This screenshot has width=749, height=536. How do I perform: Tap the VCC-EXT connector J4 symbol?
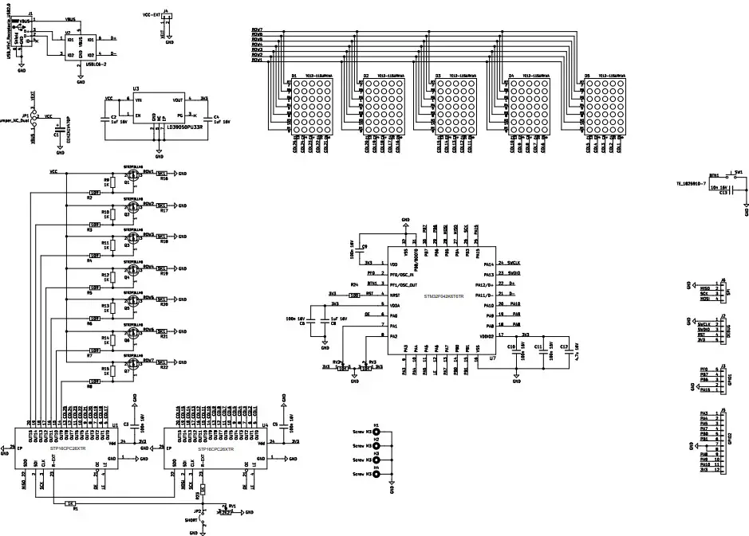166,17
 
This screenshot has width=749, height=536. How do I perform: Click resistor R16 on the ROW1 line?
162,174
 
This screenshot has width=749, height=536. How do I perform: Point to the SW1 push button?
739,176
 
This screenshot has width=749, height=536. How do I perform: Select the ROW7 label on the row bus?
257,30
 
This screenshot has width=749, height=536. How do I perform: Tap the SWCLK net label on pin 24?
515,262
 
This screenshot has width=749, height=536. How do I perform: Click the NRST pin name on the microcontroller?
393,293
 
